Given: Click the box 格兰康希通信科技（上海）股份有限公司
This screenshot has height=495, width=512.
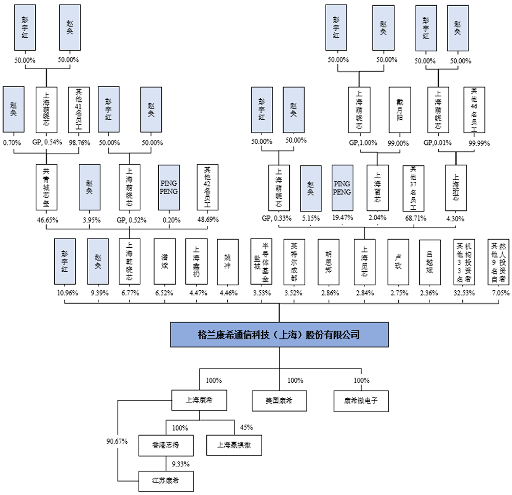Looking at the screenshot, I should coord(279,335).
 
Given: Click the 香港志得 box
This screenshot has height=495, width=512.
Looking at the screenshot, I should coord(165,445).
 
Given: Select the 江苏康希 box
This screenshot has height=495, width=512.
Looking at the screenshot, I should coord(165,481).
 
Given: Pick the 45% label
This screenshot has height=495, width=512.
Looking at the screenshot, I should coord(246,427).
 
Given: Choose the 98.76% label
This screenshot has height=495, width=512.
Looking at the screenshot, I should coord(79,142).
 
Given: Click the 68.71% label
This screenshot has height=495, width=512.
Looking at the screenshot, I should coord(413,219).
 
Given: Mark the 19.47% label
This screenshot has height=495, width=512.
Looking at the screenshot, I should coord(343,219).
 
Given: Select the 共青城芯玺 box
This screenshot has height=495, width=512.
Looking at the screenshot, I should coord(46,187).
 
